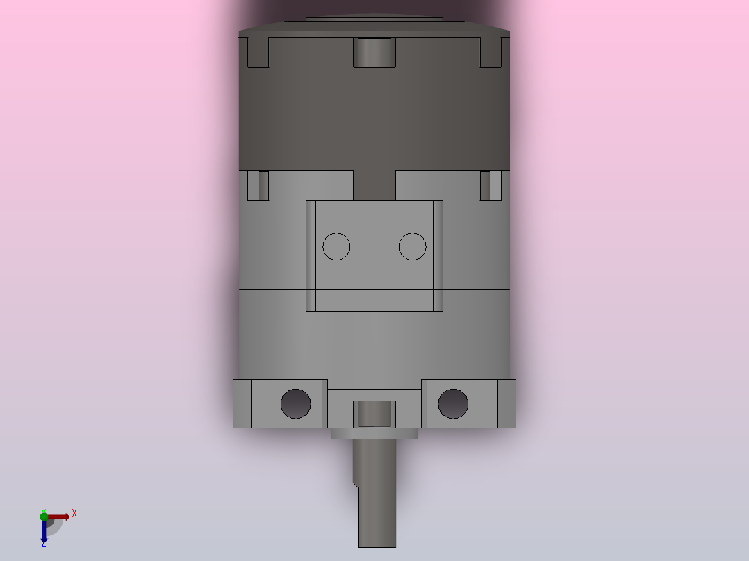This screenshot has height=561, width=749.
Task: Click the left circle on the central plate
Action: pos(336,246)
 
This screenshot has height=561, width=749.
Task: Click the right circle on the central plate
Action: pos(412,246)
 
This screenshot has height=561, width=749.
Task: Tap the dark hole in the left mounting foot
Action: pos(296,404)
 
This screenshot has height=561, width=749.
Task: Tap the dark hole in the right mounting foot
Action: pos(453,404)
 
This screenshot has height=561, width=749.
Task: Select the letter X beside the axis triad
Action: pos(74,514)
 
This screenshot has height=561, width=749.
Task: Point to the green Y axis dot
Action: pos(44,516)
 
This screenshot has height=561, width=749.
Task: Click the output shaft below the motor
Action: pos(375,493)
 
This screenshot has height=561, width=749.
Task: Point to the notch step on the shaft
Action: pos(356,485)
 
